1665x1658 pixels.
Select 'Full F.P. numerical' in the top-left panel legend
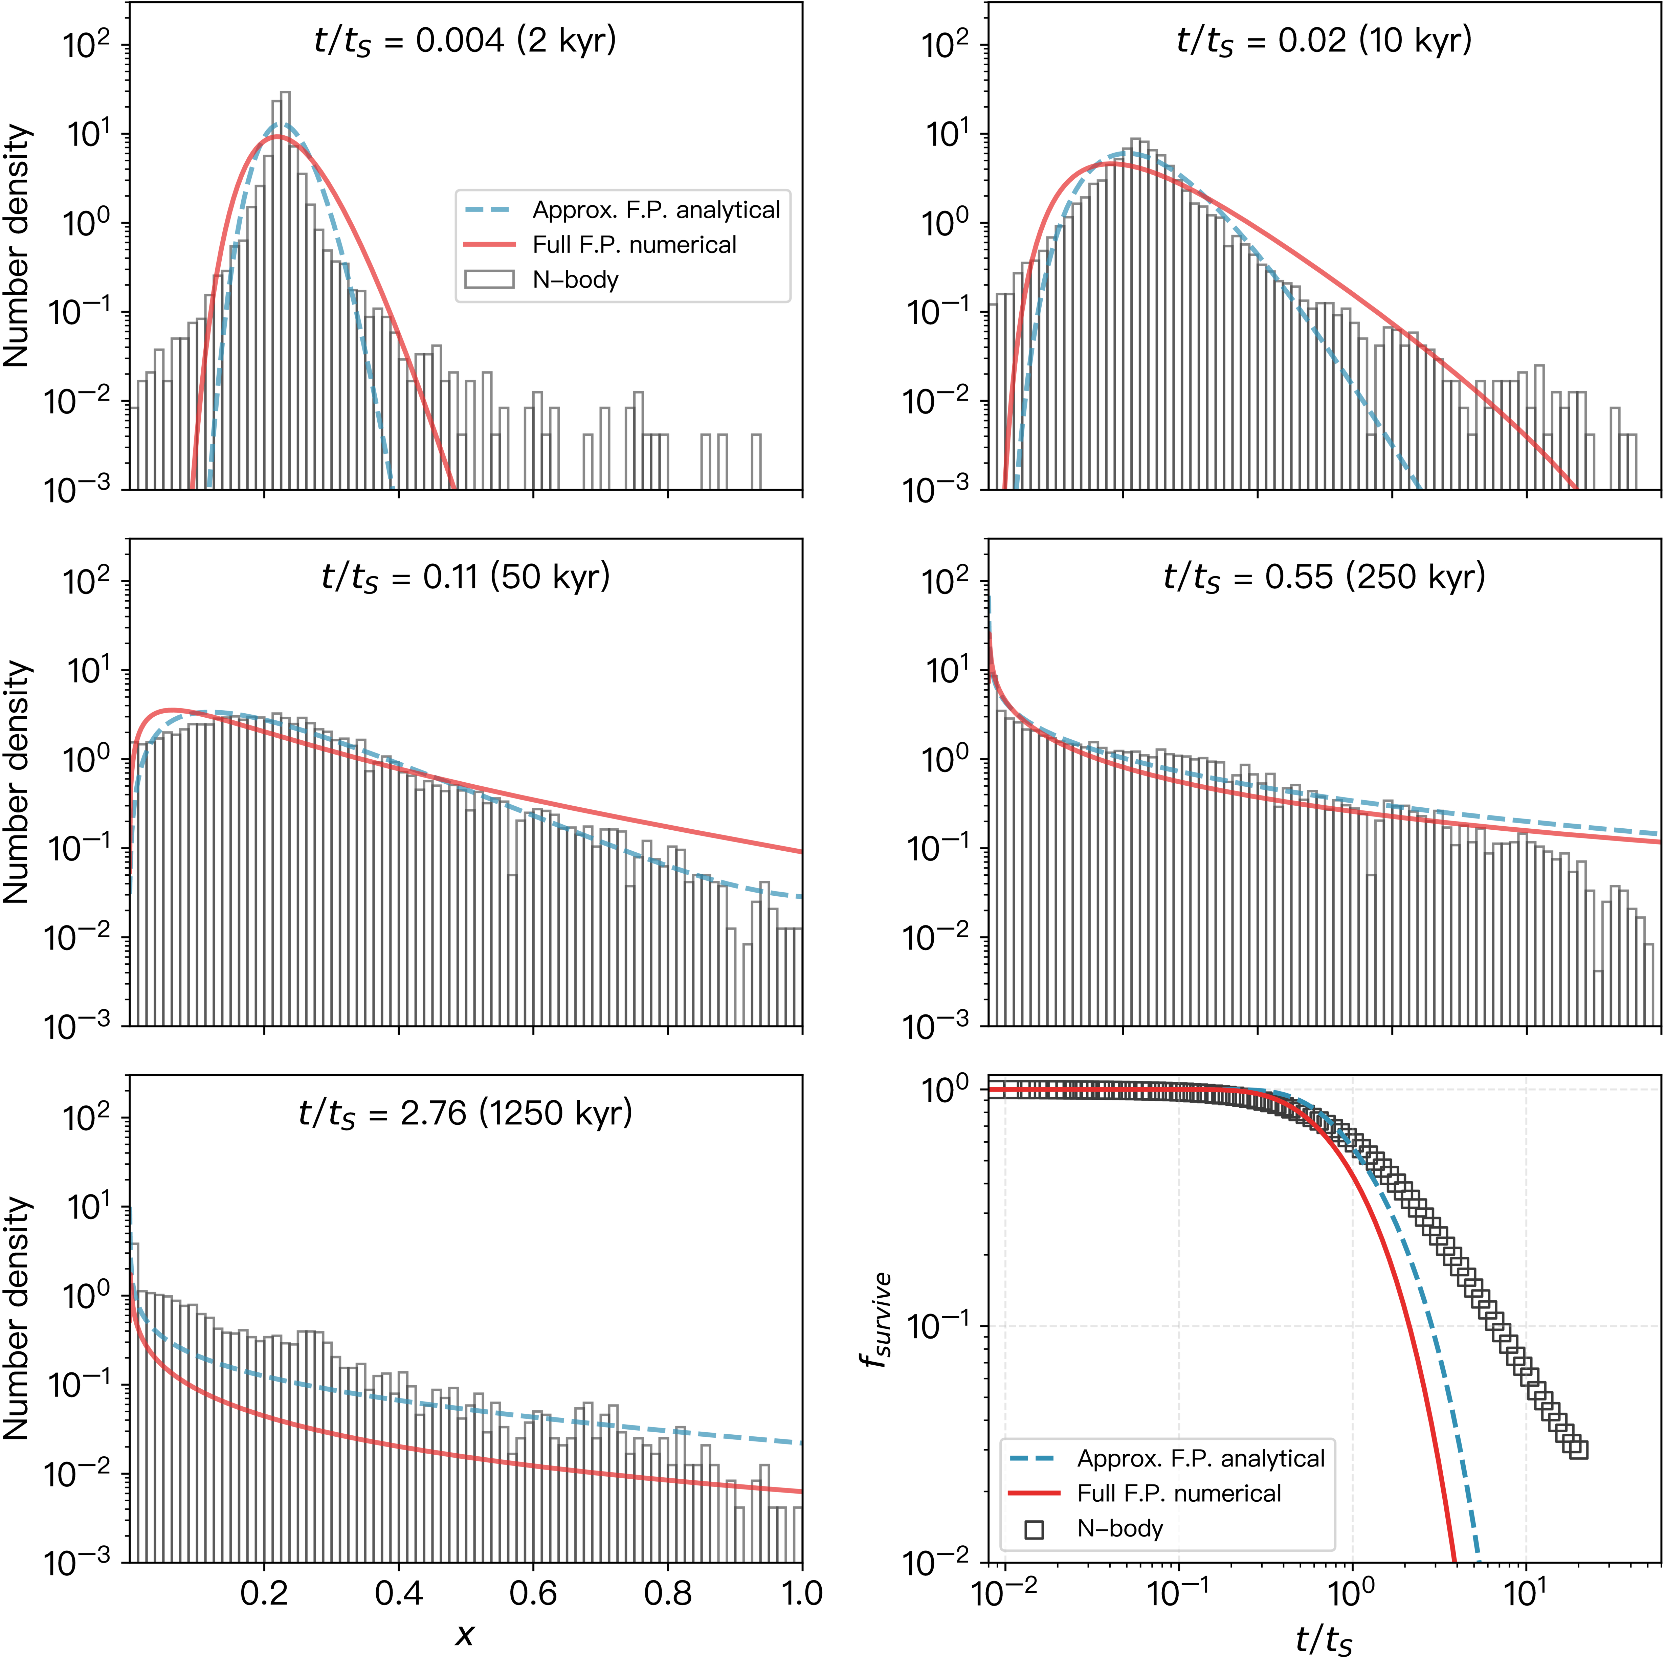634,245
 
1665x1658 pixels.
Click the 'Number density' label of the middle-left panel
17,782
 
